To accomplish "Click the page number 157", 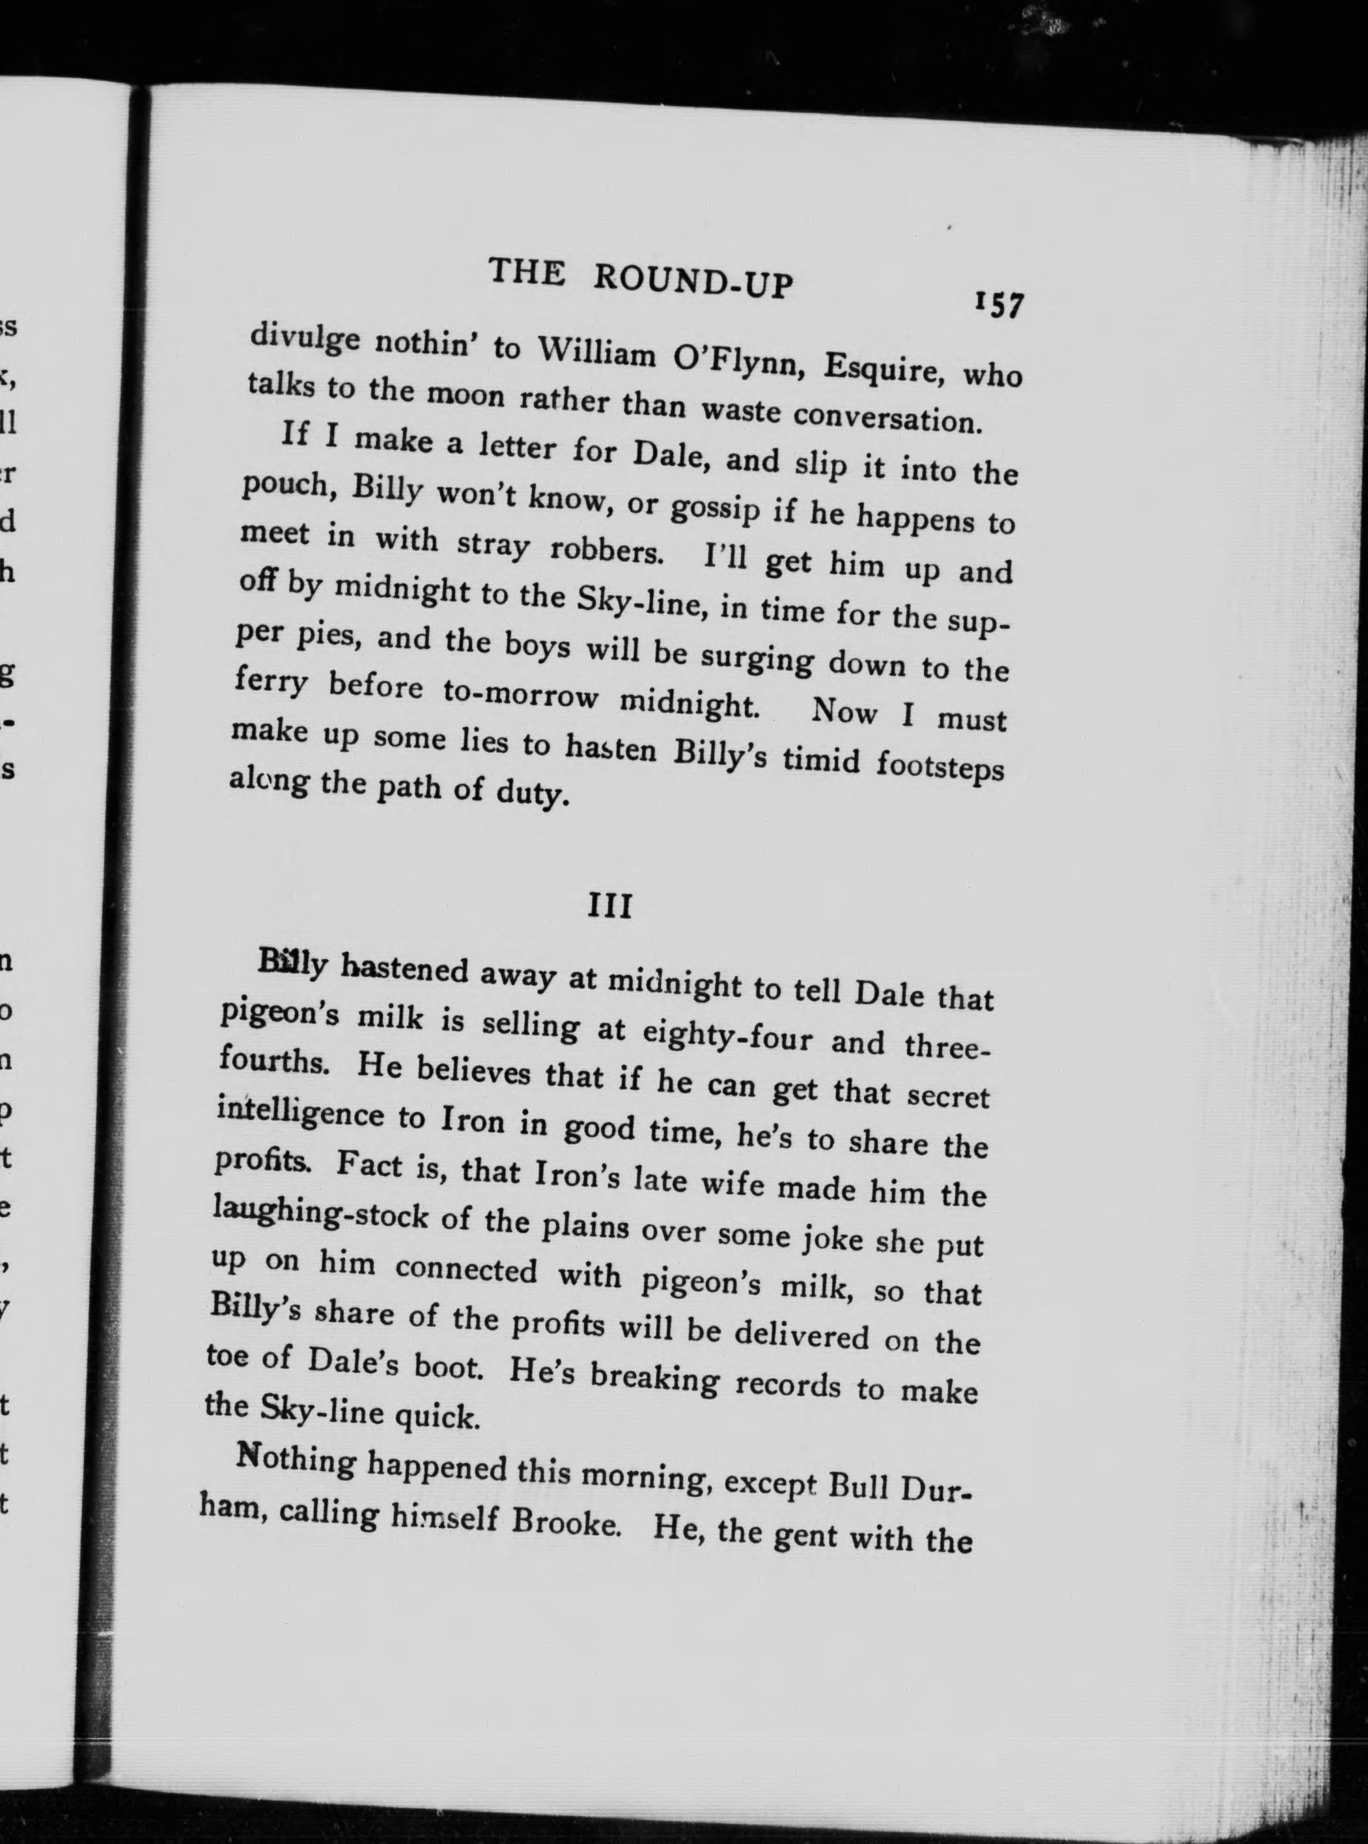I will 1000,305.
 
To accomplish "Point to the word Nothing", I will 296,1460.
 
